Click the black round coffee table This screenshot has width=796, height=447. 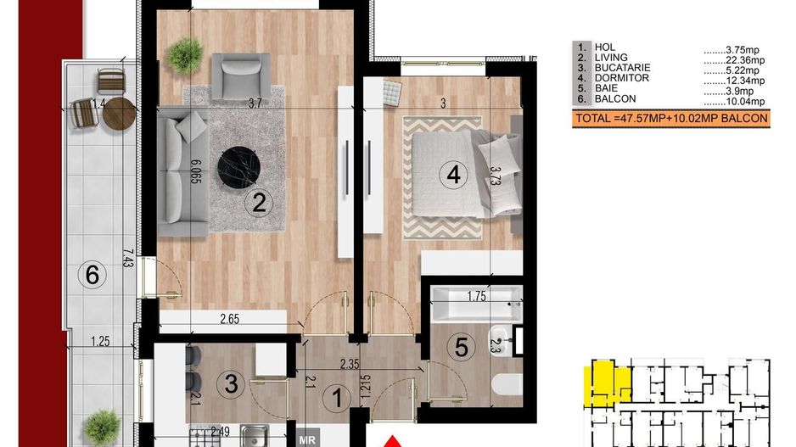point(238,167)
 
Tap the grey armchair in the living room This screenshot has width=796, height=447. point(241,76)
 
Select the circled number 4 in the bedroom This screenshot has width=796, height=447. point(453,175)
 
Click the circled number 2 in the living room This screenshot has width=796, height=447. point(259,203)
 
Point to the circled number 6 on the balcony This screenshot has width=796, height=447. point(92,275)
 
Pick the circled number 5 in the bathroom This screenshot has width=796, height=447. point(462,348)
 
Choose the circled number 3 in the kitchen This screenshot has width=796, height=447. point(231,383)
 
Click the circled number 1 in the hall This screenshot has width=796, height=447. point(337,397)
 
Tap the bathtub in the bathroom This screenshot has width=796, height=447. point(476,304)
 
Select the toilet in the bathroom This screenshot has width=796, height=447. point(507,384)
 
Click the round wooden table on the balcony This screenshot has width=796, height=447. point(120,115)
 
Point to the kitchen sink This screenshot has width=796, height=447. point(255,436)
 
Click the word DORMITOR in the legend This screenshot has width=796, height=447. point(622,78)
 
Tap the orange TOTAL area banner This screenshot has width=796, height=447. point(671,120)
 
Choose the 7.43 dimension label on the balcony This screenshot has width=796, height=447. point(128,258)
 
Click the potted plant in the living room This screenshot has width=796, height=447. point(185,54)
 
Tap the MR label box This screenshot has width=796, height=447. point(308,439)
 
